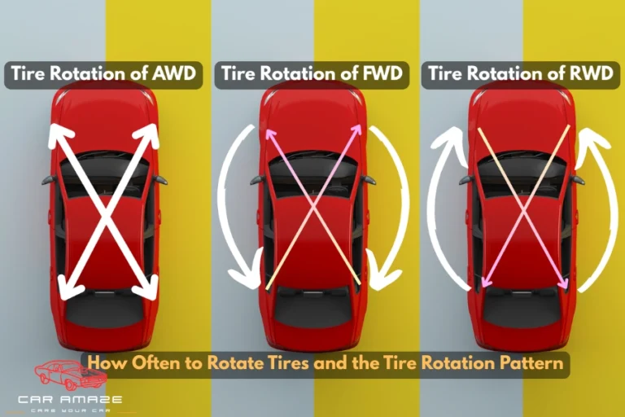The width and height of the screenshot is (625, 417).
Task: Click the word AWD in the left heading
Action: pyautogui.click(x=174, y=75)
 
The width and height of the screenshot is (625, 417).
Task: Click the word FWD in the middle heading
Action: pyautogui.click(x=382, y=75)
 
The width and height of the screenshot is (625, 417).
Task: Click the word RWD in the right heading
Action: pyautogui.click(x=592, y=75)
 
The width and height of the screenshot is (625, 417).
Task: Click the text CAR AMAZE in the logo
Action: pyautogui.click(x=72, y=399)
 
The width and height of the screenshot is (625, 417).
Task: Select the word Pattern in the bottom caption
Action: pyautogui.click(x=533, y=363)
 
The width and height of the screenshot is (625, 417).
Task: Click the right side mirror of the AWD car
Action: pyautogui.click(x=160, y=179)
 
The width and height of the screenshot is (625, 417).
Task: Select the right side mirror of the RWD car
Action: pyautogui.click(x=577, y=179)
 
